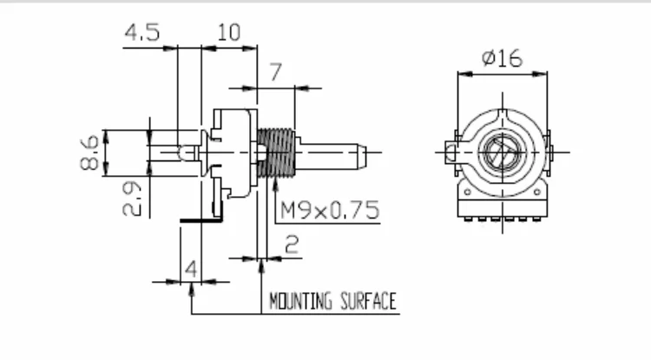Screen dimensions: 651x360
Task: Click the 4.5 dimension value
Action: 142,32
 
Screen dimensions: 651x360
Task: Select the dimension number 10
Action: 229,32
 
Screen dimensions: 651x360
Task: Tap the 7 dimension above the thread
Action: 276,72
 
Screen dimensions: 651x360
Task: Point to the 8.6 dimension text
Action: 89,153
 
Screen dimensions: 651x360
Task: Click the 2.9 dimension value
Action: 132,200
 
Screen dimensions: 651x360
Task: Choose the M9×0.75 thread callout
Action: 330,210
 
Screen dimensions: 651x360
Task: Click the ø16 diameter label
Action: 502,58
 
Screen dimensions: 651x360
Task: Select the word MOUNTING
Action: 300,301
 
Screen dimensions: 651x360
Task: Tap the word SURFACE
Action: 368,301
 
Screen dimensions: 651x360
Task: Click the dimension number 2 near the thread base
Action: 292,245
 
